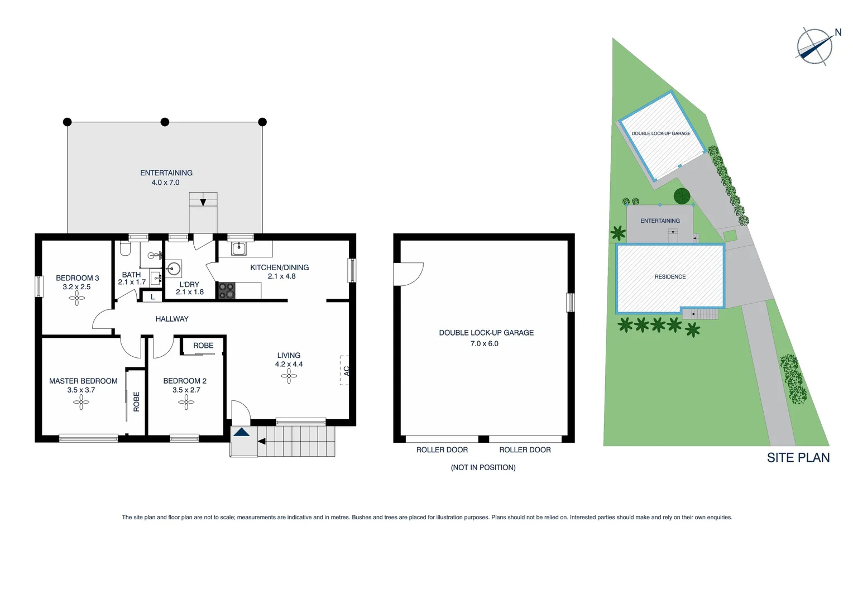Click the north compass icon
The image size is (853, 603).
(815, 46)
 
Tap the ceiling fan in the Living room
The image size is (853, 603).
(289, 377)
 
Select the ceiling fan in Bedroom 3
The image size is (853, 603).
(77, 299)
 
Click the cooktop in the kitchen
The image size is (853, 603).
(226, 290)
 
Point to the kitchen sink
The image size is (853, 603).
(239, 248)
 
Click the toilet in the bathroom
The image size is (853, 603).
(126, 248)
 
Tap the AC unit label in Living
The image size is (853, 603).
(346, 370)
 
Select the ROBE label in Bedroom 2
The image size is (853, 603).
(203, 346)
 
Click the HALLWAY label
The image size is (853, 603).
(172, 319)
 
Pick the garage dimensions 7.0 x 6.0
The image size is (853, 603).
(484, 344)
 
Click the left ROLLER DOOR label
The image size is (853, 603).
(442, 450)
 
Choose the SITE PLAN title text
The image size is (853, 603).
(798, 458)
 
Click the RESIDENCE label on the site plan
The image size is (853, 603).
(670, 277)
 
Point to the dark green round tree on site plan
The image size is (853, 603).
(682, 196)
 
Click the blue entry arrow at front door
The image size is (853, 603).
(241, 432)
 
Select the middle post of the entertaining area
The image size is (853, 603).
(165, 122)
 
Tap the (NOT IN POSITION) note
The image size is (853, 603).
(483, 467)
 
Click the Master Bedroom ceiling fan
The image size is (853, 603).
(81, 402)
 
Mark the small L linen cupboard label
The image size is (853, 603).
(152, 297)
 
